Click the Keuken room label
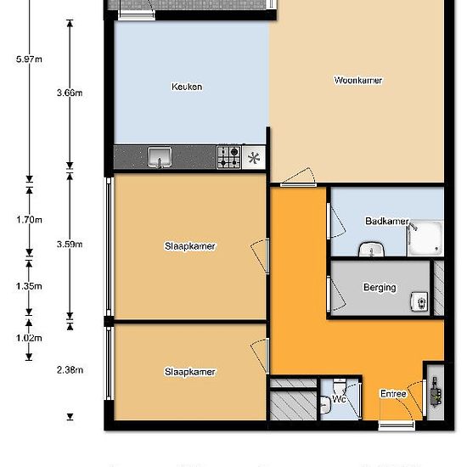[187, 87]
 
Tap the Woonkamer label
[358, 80]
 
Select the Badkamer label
[387, 221]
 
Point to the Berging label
[380, 287]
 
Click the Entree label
[393, 394]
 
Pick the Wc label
[339, 399]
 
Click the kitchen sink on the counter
[160, 157]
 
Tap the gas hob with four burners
[229, 157]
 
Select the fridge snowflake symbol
[254, 158]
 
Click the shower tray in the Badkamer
[425, 239]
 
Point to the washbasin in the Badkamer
[371, 250]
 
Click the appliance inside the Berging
[420, 301]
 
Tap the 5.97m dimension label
[29, 59]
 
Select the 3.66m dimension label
[70, 93]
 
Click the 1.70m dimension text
[29, 220]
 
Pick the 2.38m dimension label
[70, 370]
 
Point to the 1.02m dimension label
[29, 338]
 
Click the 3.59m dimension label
[70, 245]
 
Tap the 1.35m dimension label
[29, 286]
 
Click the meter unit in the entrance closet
[436, 392]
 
